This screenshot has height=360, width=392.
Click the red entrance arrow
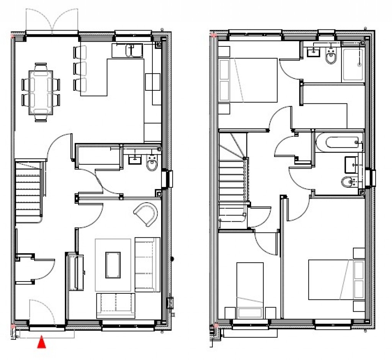[x=41, y=342]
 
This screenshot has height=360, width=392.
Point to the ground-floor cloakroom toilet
[x=152, y=164]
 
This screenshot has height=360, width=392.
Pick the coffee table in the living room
[x=113, y=265]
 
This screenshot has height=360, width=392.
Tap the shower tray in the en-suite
[x=353, y=64]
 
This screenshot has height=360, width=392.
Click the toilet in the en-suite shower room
[x=331, y=57]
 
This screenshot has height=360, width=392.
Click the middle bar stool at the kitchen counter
[x=80, y=68]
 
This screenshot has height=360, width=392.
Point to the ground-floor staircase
[x=28, y=191]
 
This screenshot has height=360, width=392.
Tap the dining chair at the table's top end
[x=41, y=67]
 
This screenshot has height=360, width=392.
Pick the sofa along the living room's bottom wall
[x=116, y=305]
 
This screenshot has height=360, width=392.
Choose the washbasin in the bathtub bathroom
[x=351, y=165]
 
